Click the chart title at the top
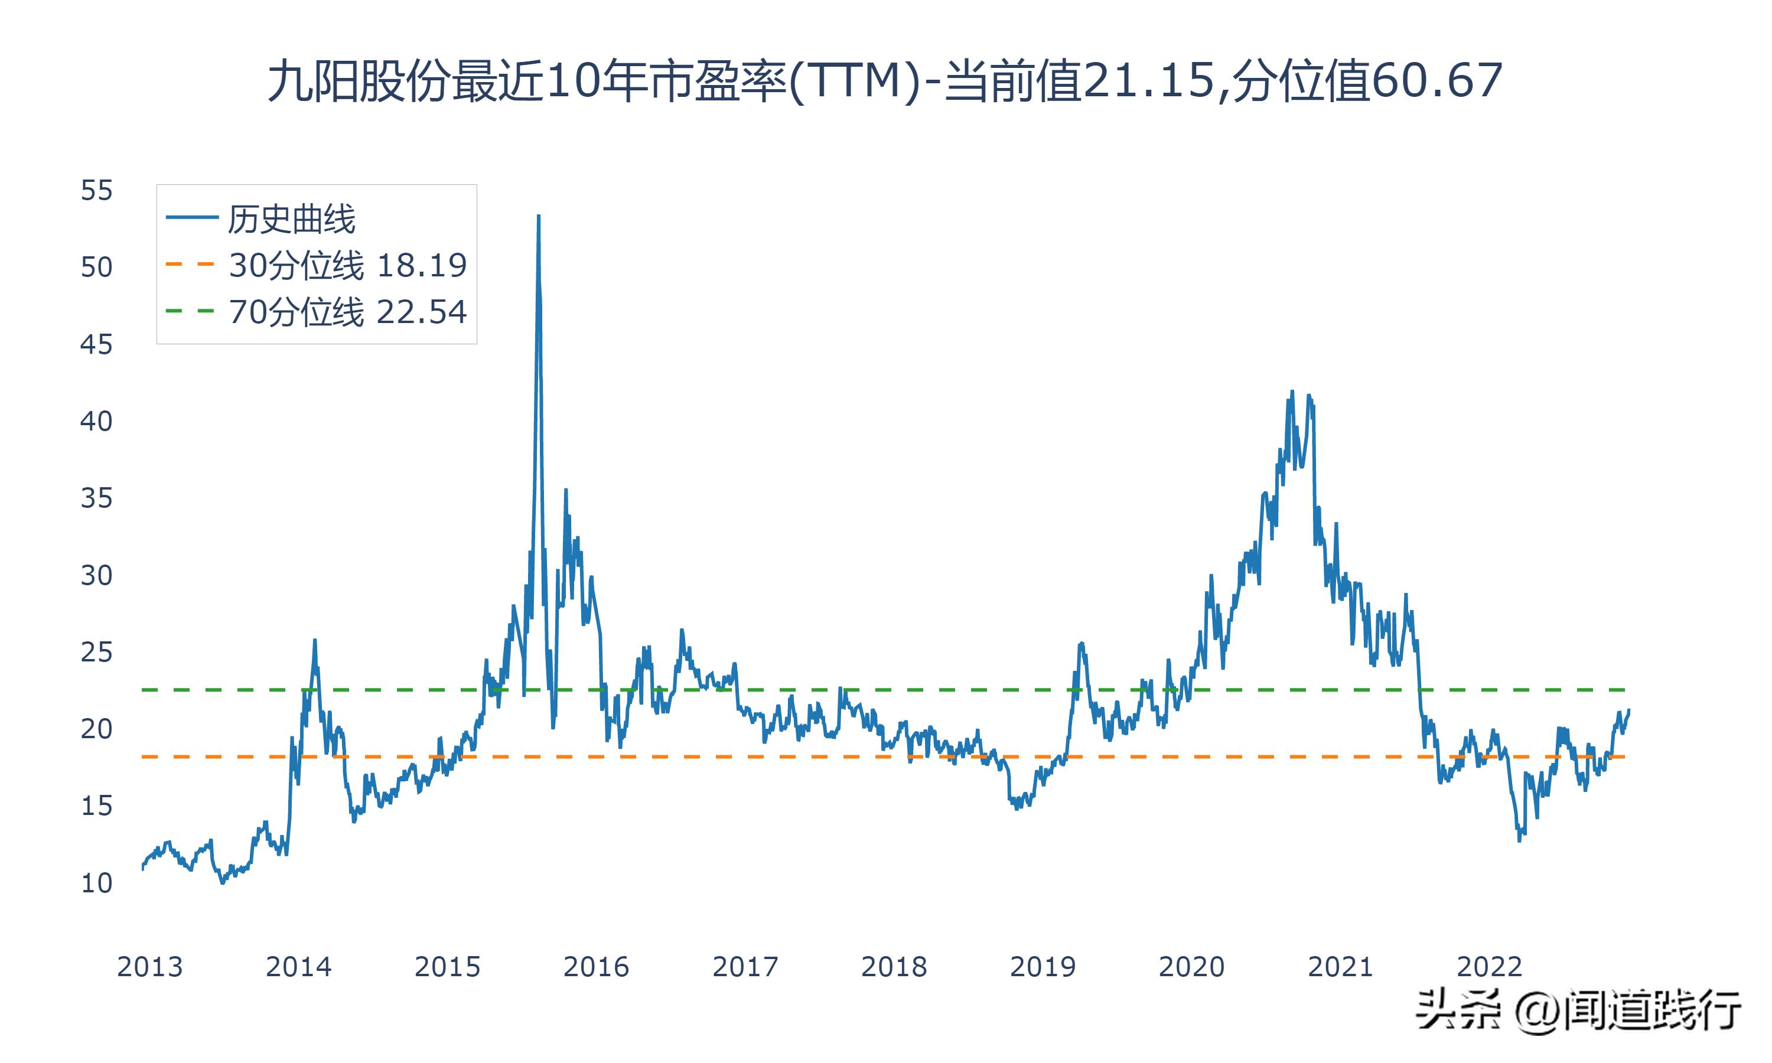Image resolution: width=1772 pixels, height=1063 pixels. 885,81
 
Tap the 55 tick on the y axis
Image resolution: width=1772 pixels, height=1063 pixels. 97,191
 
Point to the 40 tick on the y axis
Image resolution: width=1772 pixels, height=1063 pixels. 97,421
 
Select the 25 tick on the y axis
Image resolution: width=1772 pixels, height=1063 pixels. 97,653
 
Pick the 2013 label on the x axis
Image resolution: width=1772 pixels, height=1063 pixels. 149,967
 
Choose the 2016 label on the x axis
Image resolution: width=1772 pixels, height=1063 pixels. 596,967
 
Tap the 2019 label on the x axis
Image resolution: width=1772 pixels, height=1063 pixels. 1043,967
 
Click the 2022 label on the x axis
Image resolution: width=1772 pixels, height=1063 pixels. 1489,967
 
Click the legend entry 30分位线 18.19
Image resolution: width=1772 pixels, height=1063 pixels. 347,265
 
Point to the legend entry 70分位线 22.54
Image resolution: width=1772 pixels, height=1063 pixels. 347,312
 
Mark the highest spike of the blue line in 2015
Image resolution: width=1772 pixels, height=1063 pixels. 539,216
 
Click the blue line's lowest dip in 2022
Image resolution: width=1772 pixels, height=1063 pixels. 1519,840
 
